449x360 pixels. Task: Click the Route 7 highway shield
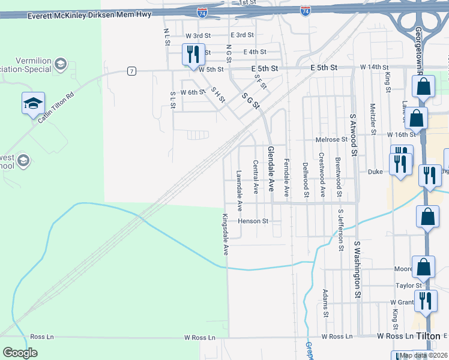point(131,71)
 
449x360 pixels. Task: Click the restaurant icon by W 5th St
point(193,54)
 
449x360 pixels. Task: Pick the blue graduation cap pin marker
point(33,103)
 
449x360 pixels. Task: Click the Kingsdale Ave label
point(226,235)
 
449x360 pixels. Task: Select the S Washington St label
point(357,270)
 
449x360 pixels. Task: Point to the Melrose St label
point(331,139)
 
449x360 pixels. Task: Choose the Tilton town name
point(433,336)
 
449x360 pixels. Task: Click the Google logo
point(20,353)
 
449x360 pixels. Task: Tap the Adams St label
point(325,303)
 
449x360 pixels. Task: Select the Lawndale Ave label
point(240,191)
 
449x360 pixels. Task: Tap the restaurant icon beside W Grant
point(426,300)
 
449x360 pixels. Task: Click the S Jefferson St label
point(340,230)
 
